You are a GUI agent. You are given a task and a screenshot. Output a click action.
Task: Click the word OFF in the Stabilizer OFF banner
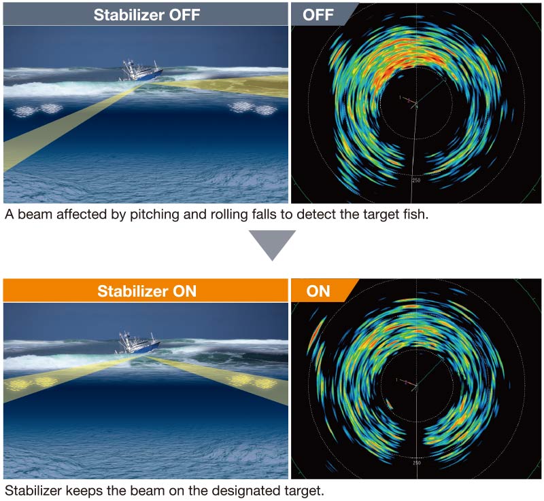(x=184, y=14)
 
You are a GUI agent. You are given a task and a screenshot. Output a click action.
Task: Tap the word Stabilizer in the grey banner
(x=129, y=14)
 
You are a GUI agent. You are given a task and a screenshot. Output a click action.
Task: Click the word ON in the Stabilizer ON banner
(x=184, y=291)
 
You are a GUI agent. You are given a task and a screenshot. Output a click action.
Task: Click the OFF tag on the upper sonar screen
(x=318, y=14)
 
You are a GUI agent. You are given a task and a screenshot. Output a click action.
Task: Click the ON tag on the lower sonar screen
(x=318, y=291)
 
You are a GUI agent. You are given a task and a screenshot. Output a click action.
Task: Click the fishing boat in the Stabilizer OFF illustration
(x=141, y=71)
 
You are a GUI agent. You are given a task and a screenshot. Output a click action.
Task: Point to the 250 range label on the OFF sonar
(x=416, y=181)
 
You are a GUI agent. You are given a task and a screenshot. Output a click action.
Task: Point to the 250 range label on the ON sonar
(x=417, y=463)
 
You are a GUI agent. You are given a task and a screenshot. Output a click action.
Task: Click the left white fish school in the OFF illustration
(x=37, y=109)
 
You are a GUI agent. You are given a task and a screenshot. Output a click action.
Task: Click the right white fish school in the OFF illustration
(x=254, y=108)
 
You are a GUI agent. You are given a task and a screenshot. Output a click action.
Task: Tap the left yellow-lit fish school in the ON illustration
(x=32, y=382)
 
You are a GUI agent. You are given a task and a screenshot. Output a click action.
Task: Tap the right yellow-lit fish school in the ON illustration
(x=252, y=381)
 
